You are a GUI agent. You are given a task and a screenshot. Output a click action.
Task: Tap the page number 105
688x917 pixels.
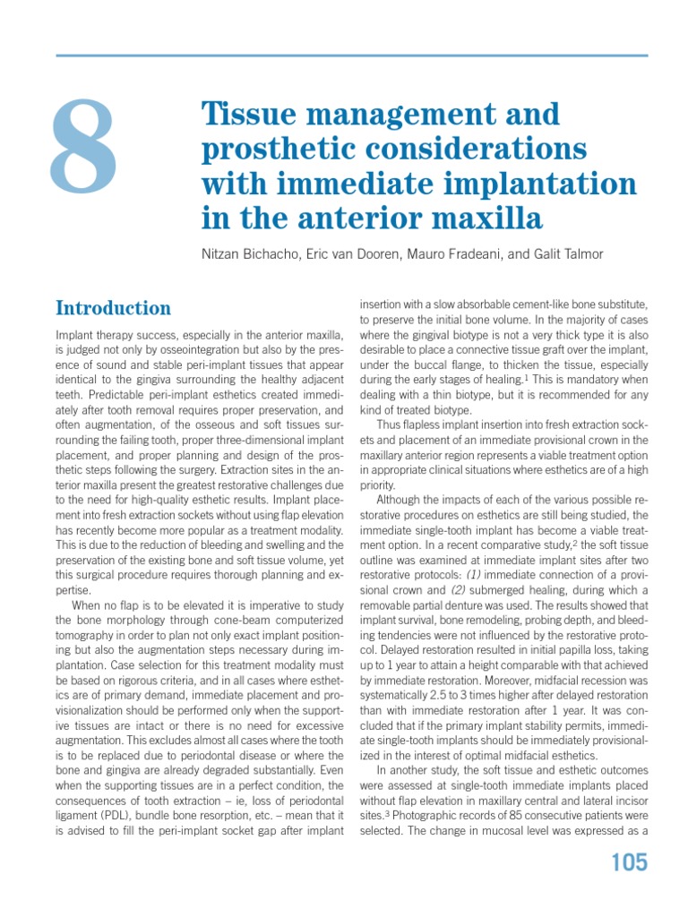click(x=628, y=862)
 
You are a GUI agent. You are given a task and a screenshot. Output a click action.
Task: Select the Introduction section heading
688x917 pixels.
click(x=113, y=308)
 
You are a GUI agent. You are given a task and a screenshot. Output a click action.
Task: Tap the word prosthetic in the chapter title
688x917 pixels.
click(x=270, y=148)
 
